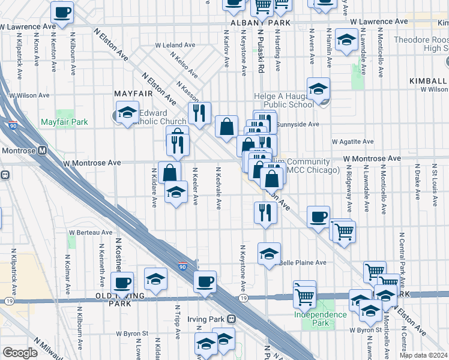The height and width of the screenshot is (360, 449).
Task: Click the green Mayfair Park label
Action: (x=64, y=122)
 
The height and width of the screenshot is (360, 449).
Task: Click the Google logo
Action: (x=20, y=353)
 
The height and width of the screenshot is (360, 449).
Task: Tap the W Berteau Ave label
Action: (x=91, y=232)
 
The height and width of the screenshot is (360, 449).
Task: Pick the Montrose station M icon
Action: (x=42, y=151)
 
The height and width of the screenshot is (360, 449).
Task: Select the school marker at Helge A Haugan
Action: (x=318, y=88)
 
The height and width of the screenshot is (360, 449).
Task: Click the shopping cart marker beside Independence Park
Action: (x=304, y=294)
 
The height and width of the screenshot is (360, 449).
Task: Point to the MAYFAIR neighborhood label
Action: (x=130, y=94)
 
